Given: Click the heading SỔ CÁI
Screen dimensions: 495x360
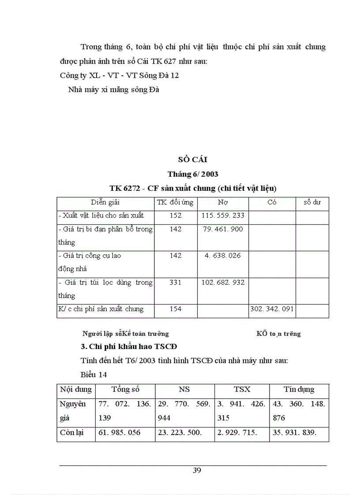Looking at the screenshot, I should coord(193,160).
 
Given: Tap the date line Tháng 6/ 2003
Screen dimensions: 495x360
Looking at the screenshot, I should coord(193,174).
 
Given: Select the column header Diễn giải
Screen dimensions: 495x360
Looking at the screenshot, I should coord(105,203).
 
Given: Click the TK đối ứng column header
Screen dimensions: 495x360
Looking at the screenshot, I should coord(175,203).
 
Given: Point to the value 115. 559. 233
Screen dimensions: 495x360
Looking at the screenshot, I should coord(223,216).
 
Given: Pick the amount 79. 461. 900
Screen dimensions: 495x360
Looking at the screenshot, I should coord(223,229).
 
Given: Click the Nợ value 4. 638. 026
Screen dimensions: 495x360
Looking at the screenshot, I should coord(223,256).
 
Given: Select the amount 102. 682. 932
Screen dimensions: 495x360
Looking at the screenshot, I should coord(223,282).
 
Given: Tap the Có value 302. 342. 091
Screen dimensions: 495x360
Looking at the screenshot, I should coord(272,309).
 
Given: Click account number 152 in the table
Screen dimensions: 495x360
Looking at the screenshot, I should coord(175,216).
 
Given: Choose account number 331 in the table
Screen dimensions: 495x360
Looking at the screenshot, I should coord(175,282).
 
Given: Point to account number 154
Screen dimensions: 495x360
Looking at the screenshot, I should coord(175,309).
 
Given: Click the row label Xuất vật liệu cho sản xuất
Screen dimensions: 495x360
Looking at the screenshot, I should coord(101,216).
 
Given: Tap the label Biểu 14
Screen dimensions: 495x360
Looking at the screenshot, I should coord(94,375).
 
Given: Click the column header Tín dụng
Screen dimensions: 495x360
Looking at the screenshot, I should coord(299,390).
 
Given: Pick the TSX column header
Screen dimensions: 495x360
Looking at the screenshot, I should coord(242,390).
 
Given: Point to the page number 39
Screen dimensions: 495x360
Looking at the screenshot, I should coord(197,470).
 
